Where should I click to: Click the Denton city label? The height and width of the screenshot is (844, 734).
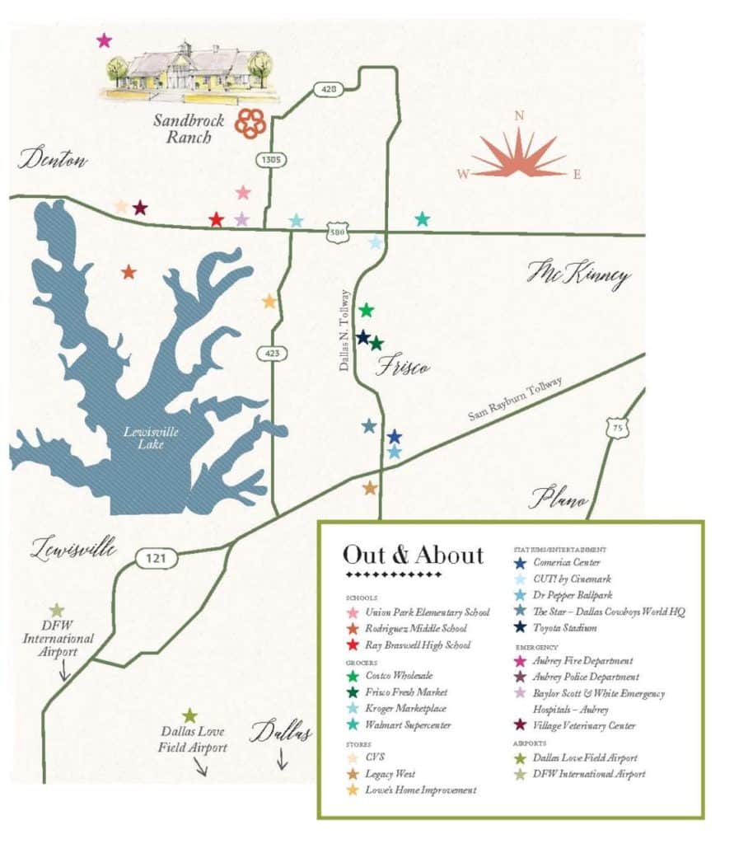[54, 158]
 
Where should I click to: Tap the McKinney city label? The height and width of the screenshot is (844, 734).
[578, 276]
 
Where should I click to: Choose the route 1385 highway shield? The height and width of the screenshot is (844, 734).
[271, 161]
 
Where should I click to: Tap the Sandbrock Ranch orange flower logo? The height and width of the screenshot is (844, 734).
[250, 123]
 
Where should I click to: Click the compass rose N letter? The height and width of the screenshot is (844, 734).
[519, 116]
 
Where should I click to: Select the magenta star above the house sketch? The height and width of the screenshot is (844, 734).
[104, 40]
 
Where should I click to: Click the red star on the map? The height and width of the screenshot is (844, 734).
[216, 219]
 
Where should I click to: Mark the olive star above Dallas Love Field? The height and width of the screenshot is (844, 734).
[190, 716]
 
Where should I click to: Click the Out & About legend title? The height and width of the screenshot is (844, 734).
[413, 555]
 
